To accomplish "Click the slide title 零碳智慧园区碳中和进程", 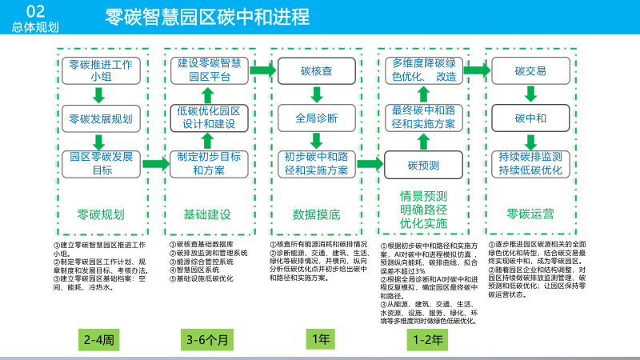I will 207,17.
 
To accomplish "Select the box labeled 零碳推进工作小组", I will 100,70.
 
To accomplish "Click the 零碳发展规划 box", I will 100,118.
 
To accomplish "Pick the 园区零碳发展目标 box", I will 100,163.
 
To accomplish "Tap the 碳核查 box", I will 316,70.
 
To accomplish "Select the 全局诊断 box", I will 316,118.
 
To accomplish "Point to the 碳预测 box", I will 423,165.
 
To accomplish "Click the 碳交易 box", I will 530,70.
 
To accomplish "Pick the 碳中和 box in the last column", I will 530,118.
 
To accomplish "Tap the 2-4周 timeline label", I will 100,340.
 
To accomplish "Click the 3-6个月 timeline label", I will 207,340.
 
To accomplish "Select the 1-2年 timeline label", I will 428,340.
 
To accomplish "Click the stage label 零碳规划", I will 100,214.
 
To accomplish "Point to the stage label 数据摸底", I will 316,214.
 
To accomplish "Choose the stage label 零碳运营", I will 530,214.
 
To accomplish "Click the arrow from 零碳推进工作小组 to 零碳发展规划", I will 100,95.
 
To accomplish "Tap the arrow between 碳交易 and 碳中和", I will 530,95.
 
